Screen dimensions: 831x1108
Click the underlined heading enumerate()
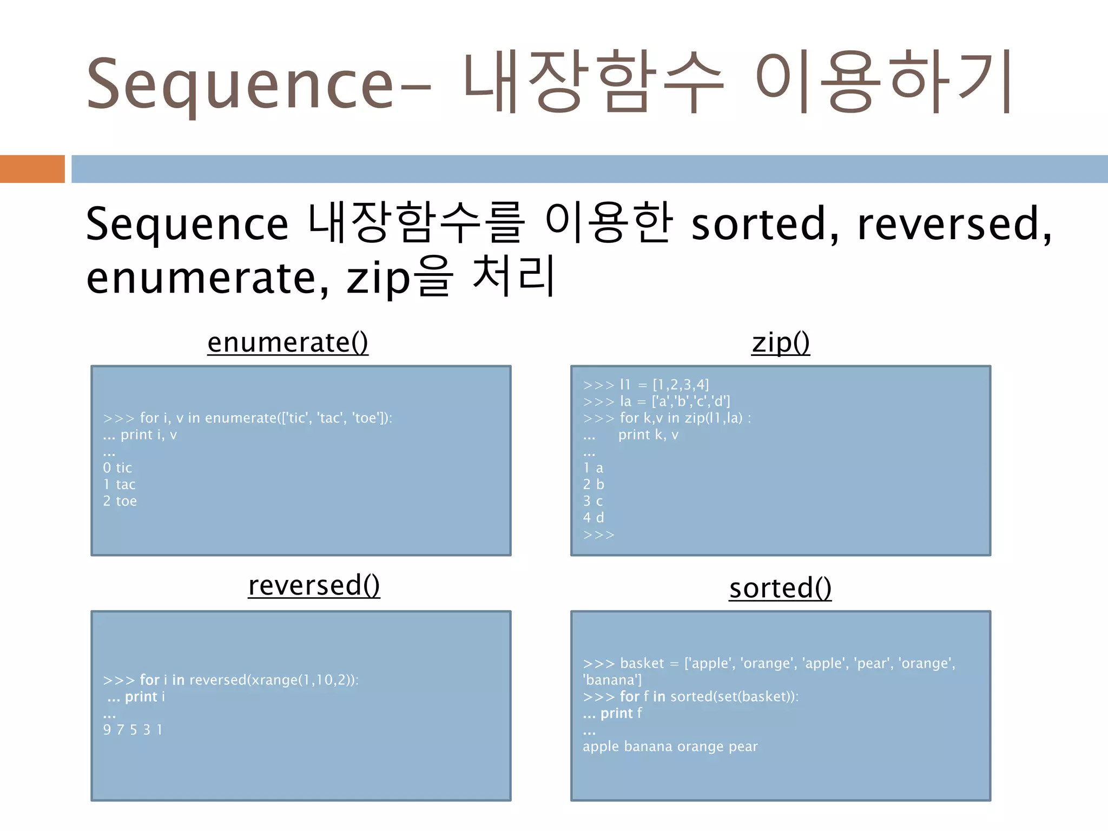[x=288, y=343]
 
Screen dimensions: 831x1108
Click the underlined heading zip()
[x=781, y=343]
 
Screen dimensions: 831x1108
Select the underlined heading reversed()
[x=314, y=586]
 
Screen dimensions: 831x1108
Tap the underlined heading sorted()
[x=780, y=589]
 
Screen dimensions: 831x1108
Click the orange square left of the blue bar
[x=32, y=169]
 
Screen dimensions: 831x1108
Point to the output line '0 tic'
[x=117, y=468]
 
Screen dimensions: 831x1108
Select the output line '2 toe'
[x=120, y=502]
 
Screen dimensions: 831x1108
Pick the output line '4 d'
[x=593, y=518]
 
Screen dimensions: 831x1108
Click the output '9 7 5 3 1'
[x=133, y=730]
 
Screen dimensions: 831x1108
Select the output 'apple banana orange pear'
[x=670, y=747]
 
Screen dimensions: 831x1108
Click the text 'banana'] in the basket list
[x=612, y=680]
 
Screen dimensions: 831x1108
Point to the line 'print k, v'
[x=648, y=435]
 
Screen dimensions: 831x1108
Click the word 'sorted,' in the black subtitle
[x=764, y=225]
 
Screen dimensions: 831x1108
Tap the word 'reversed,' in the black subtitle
[x=954, y=225]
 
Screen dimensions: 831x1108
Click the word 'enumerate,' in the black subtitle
[x=208, y=278]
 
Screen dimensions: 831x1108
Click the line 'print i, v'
[x=149, y=435]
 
